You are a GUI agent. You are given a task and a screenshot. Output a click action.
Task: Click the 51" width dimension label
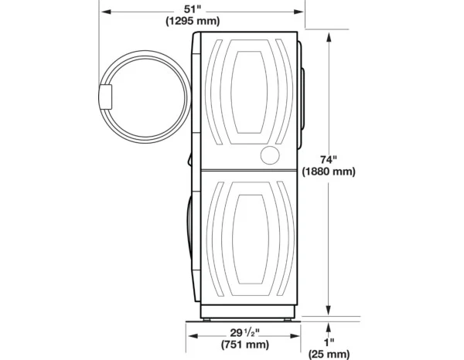(x=193, y=9)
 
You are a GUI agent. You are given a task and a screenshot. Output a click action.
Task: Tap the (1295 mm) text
(x=193, y=21)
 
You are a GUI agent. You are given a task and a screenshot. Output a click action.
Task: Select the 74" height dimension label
(x=329, y=160)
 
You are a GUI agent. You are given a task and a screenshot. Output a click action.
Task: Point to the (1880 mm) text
(x=329, y=172)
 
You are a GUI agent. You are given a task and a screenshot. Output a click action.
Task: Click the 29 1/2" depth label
(x=244, y=333)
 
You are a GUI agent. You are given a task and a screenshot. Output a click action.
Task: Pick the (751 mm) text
(x=245, y=345)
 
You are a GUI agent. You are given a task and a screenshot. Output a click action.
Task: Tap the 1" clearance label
(x=329, y=342)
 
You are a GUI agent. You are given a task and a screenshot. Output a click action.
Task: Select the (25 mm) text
(x=329, y=354)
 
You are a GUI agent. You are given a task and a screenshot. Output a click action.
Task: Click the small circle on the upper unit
(x=270, y=155)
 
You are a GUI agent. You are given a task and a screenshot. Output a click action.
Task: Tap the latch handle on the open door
(x=105, y=97)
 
